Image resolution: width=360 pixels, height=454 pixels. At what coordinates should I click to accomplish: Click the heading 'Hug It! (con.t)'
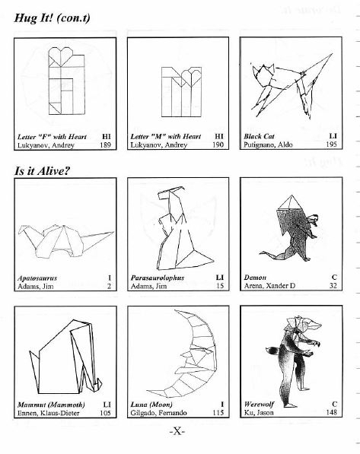click(53, 18)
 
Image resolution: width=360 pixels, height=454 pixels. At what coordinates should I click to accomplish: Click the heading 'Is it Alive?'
click(43, 170)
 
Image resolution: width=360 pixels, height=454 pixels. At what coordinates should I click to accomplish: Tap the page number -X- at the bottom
click(177, 431)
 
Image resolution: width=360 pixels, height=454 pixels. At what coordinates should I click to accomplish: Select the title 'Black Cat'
click(259, 136)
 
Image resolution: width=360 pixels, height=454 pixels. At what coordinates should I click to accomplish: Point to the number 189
click(105, 144)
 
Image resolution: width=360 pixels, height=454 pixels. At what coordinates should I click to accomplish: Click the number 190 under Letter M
click(218, 144)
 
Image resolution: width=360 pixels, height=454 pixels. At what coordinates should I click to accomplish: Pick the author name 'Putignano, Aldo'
click(268, 144)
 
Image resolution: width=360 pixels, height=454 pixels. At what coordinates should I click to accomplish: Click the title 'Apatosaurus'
click(37, 278)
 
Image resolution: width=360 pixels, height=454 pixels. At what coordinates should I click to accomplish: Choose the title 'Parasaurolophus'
click(158, 278)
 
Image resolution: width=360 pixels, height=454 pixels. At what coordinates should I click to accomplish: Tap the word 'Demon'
click(255, 278)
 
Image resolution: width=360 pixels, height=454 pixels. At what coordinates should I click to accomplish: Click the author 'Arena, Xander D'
click(269, 286)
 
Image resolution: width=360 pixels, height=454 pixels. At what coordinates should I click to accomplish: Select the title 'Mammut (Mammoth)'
click(51, 405)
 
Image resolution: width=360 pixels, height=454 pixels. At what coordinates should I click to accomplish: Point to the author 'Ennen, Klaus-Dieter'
click(48, 413)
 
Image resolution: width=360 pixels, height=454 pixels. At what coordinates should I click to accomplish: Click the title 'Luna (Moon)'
click(151, 405)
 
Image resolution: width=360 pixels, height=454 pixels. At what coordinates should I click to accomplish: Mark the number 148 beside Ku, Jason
click(331, 412)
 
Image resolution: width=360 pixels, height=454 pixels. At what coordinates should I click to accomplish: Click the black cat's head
click(264, 75)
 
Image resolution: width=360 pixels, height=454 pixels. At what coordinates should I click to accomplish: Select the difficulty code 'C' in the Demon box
click(334, 278)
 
